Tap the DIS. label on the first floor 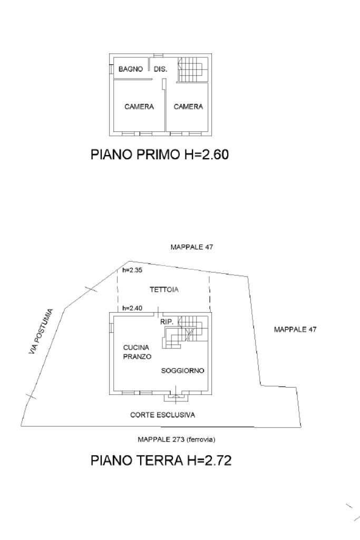160,69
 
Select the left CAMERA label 139,107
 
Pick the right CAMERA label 188,107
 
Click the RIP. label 167,321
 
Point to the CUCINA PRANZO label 138,352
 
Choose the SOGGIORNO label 182,371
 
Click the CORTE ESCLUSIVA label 162,415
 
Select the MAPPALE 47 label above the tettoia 191,246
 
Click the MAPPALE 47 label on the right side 295,330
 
